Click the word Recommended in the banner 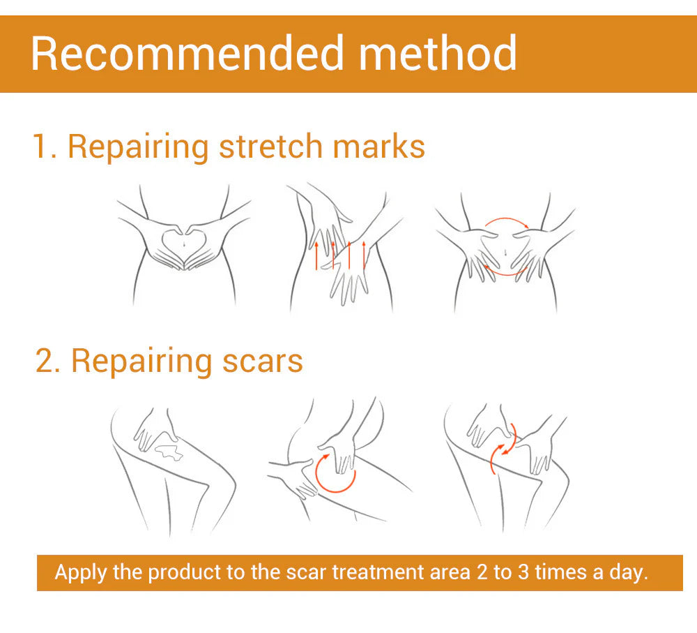(186, 53)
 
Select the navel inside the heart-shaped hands (183, 242)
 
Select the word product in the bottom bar (184, 573)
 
